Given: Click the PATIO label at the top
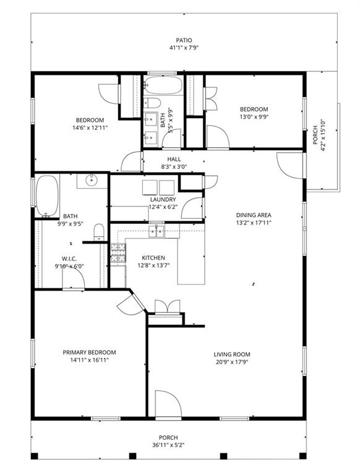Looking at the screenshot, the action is (x=184, y=40).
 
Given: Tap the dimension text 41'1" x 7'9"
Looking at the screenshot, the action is (x=184, y=48).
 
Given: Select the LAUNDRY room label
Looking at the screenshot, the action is (x=163, y=200).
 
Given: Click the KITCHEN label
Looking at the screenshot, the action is (x=153, y=258).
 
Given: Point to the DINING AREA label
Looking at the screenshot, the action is (x=254, y=215).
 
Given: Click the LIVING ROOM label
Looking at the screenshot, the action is (x=232, y=354).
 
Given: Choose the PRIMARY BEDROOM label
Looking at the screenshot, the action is (x=89, y=353).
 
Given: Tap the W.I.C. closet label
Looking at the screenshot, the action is (x=69, y=259).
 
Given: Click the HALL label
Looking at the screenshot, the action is (x=174, y=159).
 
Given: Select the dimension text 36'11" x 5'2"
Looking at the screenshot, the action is (x=168, y=445).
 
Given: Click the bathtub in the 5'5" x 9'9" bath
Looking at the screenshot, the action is (x=163, y=85).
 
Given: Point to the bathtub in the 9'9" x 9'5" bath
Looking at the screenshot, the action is (x=47, y=195).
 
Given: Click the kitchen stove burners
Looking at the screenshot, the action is (x=118, y=253).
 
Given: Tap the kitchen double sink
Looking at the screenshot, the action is (x=156, y=232).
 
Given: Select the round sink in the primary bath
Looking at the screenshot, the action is (x=91, y=181).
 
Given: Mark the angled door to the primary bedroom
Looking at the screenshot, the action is (x=131, y=304).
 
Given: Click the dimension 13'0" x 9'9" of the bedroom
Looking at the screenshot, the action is (x=254, y=117).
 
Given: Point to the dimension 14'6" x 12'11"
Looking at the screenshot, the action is (x=90, y=128).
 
